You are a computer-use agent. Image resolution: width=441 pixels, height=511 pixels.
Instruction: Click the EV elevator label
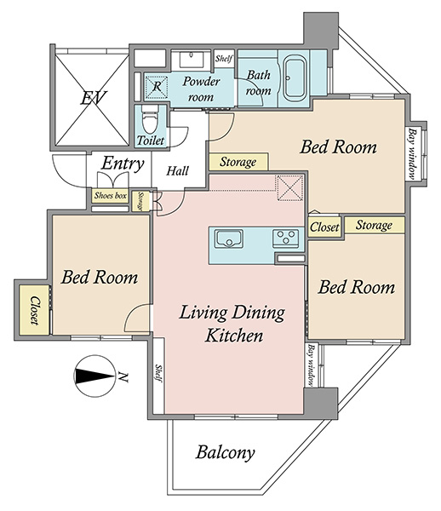pyautogui.click(x=94, y=98)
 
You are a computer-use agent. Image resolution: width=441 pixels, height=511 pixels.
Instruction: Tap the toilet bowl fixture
pyautogui.click(x=149, y=120)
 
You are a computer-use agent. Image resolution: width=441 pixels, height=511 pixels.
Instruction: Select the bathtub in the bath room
pyautogui.click(x=294, y=78)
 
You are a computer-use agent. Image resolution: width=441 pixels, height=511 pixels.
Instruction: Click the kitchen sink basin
pyautogui.click(x=229, y=238)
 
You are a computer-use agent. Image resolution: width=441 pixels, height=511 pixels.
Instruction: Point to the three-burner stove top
pyautogui.click(x=286, y=237)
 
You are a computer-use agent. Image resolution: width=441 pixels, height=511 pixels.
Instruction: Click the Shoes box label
pyautogui.click(x=110, y=196)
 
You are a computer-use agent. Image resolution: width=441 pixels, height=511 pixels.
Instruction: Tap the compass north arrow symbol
pyautogui.click(x=94, y=376)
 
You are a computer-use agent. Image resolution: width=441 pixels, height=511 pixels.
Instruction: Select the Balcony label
pyautogui.click(x=225, y=453)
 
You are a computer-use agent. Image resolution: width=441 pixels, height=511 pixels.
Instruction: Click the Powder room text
pyautogui.click(x=201, y=89)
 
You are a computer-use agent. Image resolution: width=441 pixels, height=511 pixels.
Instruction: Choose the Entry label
pyautogui.click(x=122, y=164)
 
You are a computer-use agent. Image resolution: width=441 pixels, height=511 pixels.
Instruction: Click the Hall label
pyautogui.click(x=177, y=171)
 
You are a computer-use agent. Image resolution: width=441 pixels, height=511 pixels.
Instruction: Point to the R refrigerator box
pyautogui.click(x=157, y=87)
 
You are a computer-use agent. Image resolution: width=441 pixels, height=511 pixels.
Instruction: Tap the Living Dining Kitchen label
pyautogui.click(x=232, y=324)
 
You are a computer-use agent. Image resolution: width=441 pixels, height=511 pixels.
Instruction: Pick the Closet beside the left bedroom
pyautogui.click(x=34, y=310)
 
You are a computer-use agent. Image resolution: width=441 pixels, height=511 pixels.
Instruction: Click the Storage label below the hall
pyautogui.click(x=140, y=201)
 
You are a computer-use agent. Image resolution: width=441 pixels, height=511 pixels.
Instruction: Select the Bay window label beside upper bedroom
pyautogui.click(x=413, y=154)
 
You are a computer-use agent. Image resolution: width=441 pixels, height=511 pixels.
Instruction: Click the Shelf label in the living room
pyautogui.click(x=158, y=374)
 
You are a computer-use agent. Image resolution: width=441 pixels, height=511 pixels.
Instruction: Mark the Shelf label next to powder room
pyautogui.click(x=224, y=59)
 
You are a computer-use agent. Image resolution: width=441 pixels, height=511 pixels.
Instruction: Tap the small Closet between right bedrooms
pyautogui.click(x=324, y=227)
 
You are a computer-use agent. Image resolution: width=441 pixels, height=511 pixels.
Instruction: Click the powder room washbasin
pyautogui.click(x=191, y=59)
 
